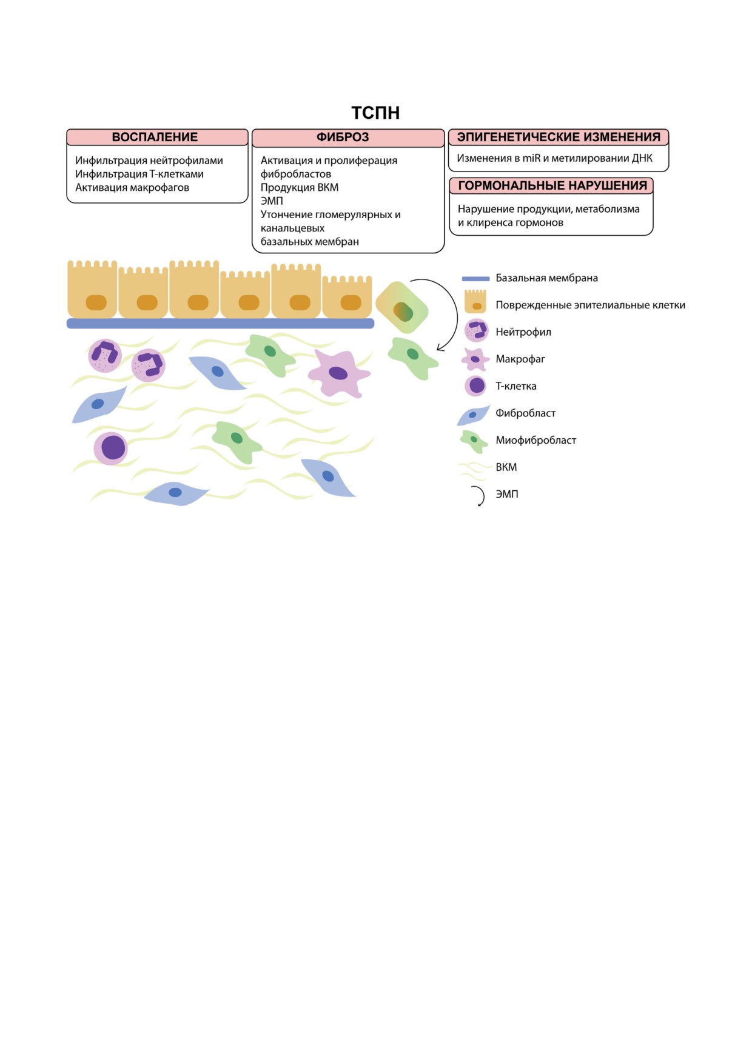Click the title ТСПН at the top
(x=375, y=113)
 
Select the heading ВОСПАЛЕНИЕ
(x=155, y=137)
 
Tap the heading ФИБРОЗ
(x=343, y=137)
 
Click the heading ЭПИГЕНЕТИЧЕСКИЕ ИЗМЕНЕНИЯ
(x=559, y=137)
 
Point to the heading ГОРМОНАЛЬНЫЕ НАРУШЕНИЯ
(x=552, y=185)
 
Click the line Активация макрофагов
(x=132, y=188)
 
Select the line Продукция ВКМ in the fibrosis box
(x=300, y=188)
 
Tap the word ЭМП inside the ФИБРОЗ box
(x=272, y=201)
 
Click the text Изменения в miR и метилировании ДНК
(x=554, y=158)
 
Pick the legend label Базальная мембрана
(x=546, y=278)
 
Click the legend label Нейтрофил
(x=523, y=332)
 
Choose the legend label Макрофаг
(x=520, y=359)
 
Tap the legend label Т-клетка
(x=516, y=386)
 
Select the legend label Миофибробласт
(x=536, y=440)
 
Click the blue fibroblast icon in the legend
(x=473, y=415)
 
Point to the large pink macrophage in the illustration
(x=338, y=373)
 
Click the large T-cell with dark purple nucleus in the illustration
(x=111, y=448)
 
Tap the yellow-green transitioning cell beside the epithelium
(x=402, y=307)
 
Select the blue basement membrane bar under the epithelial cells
(x=220, y=324)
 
